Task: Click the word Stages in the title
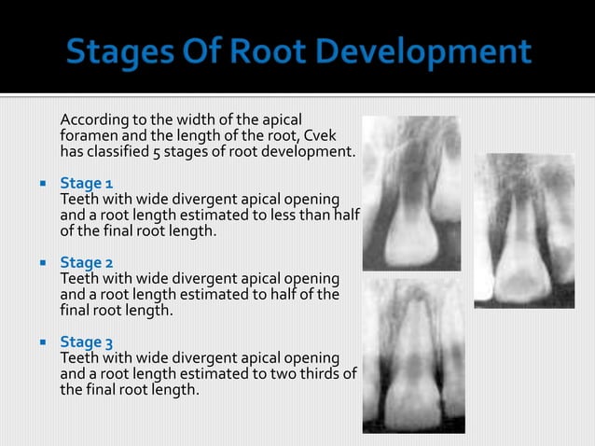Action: point(118,53)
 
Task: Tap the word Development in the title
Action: point(430,53)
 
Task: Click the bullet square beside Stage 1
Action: point(43,184)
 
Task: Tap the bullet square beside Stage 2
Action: point(43,263)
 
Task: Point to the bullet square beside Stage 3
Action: point(43,343)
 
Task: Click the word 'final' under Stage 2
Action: point(76,310)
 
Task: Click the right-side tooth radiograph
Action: point(524,230)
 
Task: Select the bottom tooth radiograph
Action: point(412,357)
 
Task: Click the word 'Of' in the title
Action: point(198,53)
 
